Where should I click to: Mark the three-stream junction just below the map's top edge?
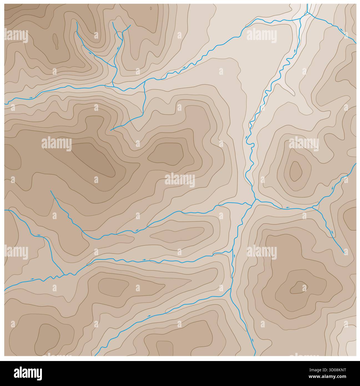pos(307,13)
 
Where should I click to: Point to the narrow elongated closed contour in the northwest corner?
pos(55,41)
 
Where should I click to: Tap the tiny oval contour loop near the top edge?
pos(151,8)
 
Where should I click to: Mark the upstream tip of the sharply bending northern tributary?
pos(111,130)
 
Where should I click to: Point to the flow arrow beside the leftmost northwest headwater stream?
pos(90,52)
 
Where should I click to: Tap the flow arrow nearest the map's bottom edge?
pos(253,339)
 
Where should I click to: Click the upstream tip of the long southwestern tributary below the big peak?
pos(51,191)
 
